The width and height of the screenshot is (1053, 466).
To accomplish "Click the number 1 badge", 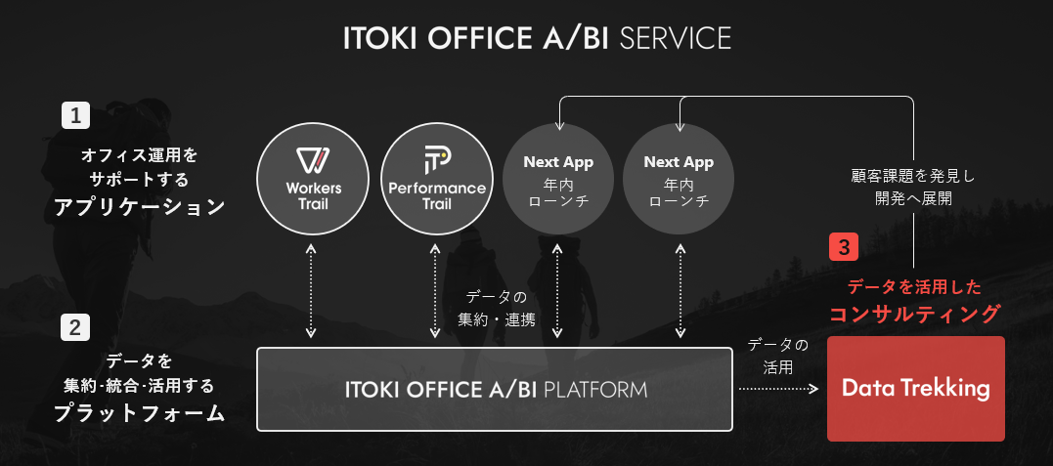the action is point(76,116).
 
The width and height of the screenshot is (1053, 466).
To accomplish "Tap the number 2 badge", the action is point(76,326).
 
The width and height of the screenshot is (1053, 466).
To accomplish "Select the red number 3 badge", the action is point(844,246).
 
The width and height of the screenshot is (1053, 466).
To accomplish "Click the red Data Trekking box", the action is point(915,389).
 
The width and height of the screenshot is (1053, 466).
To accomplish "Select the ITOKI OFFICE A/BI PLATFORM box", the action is point(495,389).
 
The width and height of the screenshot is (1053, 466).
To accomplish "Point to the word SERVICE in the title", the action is point(676,38).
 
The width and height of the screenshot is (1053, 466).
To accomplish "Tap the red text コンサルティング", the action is point(915,314).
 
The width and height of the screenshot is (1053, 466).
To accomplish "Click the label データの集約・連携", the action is point(496,308).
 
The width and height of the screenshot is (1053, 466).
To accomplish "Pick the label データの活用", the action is point(778,357).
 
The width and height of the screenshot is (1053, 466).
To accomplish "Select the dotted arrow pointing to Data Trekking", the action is point(778,389).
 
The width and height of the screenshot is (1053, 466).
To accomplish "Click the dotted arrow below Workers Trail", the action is point(311,291).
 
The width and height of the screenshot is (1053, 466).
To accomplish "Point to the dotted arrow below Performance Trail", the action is point(435,291).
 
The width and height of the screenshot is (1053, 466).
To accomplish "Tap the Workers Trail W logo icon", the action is point(313,161).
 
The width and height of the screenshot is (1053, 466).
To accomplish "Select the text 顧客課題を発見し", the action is point(913,176).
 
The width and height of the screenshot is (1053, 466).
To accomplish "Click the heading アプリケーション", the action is point(139,207).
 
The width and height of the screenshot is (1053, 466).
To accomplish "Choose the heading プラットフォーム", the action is point(139,413).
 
